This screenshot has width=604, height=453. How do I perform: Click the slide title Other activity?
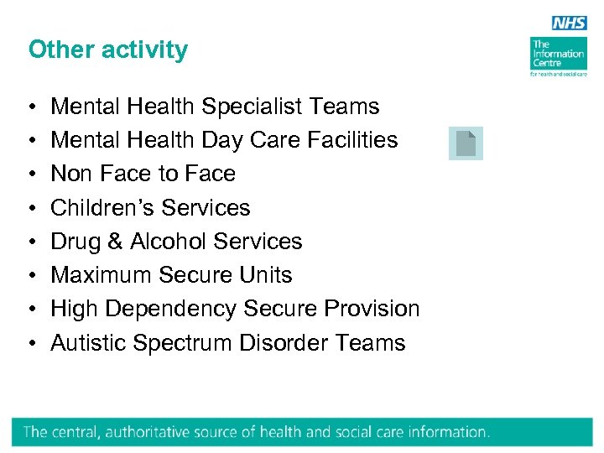[108, 49]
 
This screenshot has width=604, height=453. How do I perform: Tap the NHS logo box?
[569, 23]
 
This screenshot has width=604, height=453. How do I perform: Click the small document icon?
[466, 143]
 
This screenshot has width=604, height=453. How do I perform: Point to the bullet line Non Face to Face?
[143, 174]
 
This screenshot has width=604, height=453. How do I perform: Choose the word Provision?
[372, 309]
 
